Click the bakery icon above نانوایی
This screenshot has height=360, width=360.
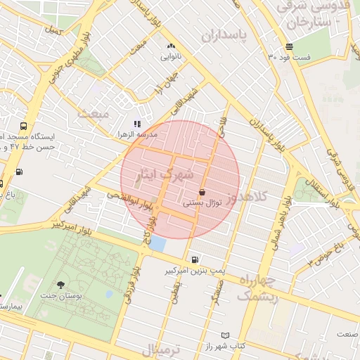(170, 46)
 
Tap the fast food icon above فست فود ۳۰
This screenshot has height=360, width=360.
(289, 46)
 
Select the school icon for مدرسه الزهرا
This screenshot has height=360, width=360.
(137, 124)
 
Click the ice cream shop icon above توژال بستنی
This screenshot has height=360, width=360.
(202, 191)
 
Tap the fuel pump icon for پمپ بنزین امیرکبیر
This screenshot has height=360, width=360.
(194, 259)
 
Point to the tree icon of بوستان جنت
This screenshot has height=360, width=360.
(60, 285)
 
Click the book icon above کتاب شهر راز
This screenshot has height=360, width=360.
(225, 336)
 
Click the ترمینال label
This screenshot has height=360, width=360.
(161, 349)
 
